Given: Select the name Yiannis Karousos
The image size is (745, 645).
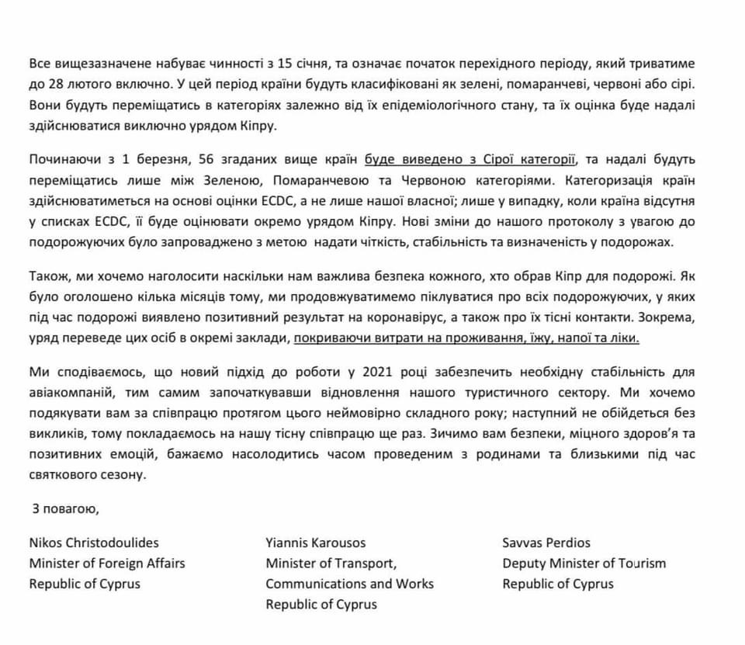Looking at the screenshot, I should tap(316, 543).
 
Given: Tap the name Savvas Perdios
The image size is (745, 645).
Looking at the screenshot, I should tap(546, 543).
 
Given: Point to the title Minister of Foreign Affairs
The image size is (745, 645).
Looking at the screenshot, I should tap(107, 564).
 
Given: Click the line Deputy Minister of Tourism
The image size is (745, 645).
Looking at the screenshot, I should tap(584, 564).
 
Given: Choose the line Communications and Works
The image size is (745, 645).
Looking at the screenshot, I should tap(349, 584).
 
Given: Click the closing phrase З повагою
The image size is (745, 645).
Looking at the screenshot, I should tap(65, 510).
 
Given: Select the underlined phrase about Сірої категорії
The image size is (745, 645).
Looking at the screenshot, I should tap(472, 161).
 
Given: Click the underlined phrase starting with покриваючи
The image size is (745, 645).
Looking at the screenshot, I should tap(468, 339).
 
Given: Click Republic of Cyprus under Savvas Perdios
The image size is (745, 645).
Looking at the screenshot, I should tap(557, 584).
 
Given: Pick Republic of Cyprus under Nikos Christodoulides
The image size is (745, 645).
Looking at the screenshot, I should tap(85, 584).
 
